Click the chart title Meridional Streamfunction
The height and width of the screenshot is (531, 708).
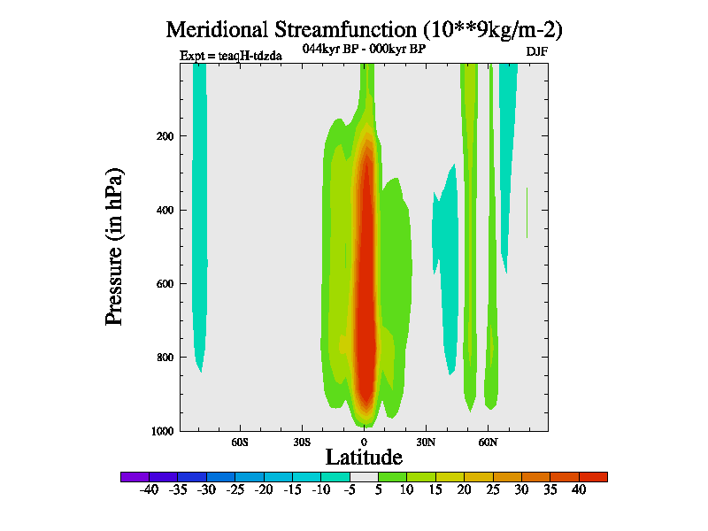(364, 29)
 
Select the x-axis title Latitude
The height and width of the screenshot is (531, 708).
(364, 457)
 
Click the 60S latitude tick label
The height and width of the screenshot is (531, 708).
(240, 441)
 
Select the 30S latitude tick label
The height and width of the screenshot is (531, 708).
(302, 441)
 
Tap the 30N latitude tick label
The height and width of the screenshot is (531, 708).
(426, 441)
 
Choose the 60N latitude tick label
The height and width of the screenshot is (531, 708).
(489, 441)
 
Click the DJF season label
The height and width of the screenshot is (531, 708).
(536, 51)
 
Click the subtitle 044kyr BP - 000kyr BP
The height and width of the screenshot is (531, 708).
(364, 49)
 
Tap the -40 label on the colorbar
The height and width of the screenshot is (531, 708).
(149, 489)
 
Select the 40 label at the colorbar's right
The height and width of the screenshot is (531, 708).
(579, 489)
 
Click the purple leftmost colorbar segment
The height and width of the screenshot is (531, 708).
(135, 476)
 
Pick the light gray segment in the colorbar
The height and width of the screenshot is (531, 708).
(364, 476)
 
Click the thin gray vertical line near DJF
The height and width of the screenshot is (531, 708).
(527, 212)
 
